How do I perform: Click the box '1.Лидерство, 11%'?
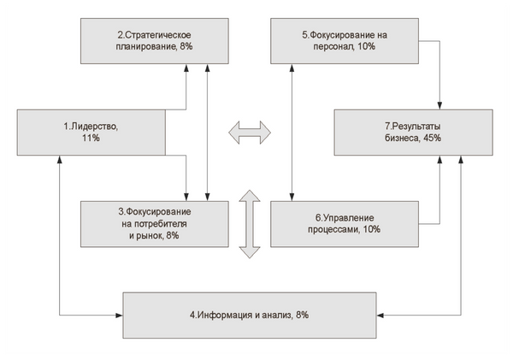click(91, 133)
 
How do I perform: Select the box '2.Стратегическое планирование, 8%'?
click(155, 41)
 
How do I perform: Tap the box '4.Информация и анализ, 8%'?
click(250, 316)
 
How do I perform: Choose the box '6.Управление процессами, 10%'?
click(345, 224)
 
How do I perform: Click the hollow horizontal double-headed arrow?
click(250, 133)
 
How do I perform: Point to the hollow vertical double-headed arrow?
click(250, 224)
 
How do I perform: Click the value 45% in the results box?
click(432, 139)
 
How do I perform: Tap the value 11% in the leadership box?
click(91, 139)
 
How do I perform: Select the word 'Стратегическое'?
click(158, 35)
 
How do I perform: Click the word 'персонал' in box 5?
click(333, 47)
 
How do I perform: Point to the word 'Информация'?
click(225, 316)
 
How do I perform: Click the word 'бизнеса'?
click(403, 139)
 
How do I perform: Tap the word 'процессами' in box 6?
click(333, 230)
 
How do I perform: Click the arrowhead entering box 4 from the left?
click(120, 316)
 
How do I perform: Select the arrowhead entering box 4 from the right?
click(380, 316)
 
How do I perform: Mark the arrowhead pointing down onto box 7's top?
click(439, 106)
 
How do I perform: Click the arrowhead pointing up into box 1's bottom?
click(60, 159)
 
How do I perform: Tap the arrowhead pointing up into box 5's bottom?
click(292, 67)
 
